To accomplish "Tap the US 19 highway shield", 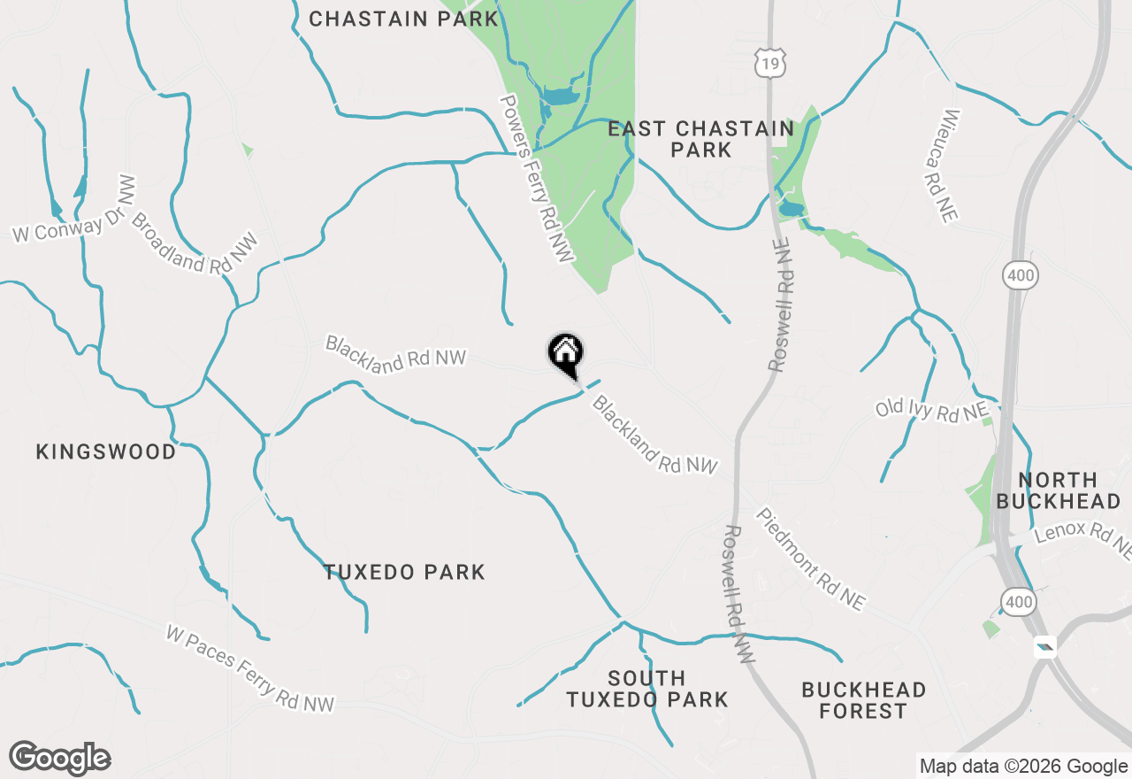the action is [x=770, y=62].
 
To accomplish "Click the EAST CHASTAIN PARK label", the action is [x=701, y=139].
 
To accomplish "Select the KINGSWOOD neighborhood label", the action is [x=106, y=452].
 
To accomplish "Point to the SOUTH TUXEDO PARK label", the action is [x=647, y=689].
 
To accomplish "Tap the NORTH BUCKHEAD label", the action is [x=1059, y=490].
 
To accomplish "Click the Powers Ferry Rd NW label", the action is [x=538, y=178].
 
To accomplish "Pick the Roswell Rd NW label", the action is [x=738, y=594].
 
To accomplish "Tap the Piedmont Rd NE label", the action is [x=810, y=559].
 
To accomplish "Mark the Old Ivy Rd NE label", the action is [x=931, y=408].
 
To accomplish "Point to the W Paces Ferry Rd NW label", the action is [x=251, y=668].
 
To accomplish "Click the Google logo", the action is [x=60, y=759].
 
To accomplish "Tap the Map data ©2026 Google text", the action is [x=1023, y=767].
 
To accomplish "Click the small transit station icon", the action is [x=1045, y=647].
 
